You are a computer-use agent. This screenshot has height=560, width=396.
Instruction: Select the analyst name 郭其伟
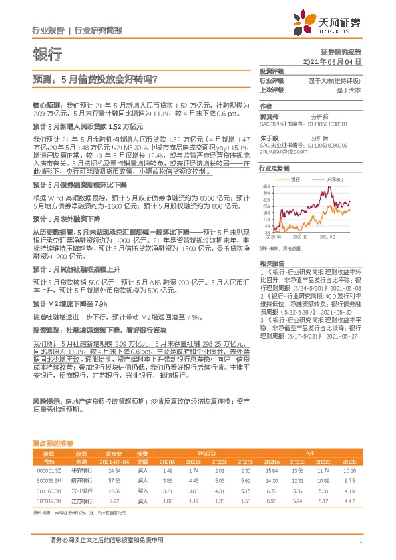click(268, 115)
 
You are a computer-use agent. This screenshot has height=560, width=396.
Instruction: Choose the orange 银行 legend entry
click(293, 180)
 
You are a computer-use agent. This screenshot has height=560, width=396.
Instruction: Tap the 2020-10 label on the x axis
click(301, 236)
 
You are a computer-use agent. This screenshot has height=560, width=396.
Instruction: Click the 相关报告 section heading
click(272, 264)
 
